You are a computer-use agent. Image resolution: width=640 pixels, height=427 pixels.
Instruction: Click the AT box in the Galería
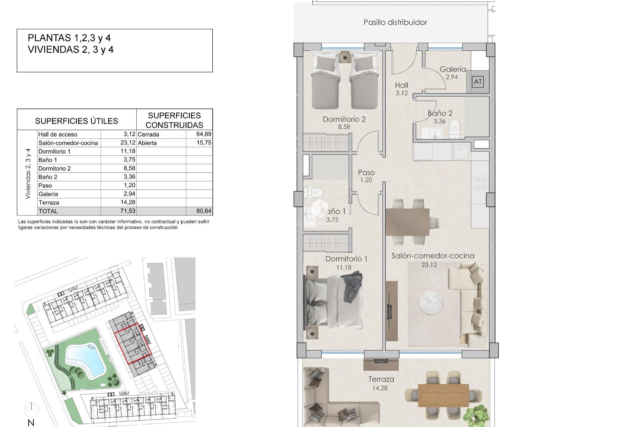478,82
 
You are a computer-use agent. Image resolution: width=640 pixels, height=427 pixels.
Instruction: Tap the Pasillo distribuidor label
395,22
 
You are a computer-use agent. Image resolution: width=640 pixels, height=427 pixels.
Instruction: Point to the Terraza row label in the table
49,202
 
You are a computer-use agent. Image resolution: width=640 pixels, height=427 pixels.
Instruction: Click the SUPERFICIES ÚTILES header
76,121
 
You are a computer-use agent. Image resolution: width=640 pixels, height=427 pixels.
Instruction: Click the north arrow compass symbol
31,409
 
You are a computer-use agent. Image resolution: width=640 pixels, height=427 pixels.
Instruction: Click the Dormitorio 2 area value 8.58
344,127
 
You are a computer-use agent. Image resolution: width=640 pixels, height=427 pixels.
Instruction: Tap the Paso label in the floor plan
366,172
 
